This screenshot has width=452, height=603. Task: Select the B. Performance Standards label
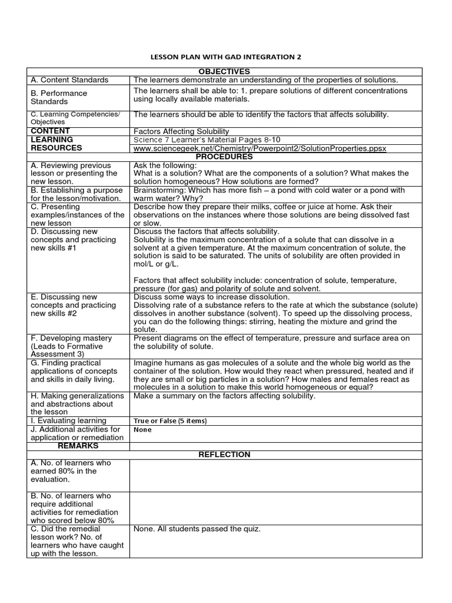pyautogui.click(x=59, y=97)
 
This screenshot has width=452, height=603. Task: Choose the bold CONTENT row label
pyautogui.click(x=51, y=131)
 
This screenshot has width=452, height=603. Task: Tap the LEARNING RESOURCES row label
pyautogui.click(x=56, y=144)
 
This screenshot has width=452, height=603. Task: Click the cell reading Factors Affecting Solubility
pyautogui.click(x=181, y=131)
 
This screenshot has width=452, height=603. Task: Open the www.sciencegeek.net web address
pyautogui.click(x=260, y=148)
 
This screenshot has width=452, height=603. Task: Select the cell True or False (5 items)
pyautogui.click(x=170, y=421)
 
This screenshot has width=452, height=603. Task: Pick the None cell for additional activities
pyautogui.click(x=142, y=430)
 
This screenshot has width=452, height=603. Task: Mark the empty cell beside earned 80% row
pyautogui.click(x=275, y=475)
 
